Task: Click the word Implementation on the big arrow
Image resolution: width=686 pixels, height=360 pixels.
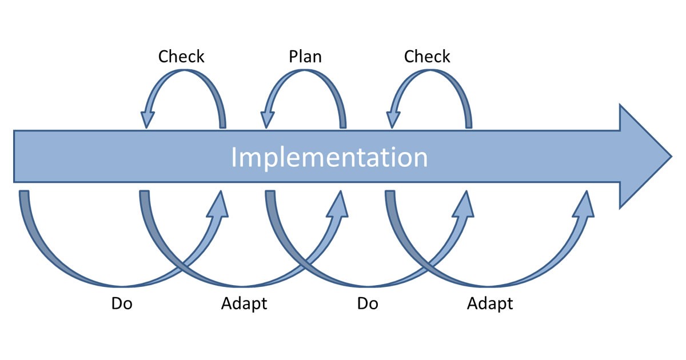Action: tap(329, 157)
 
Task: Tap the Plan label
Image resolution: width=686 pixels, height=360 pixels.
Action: tap(305, 57)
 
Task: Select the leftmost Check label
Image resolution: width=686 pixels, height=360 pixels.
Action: tap(181, 57)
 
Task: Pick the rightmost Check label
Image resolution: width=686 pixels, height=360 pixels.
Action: tap(427, 57)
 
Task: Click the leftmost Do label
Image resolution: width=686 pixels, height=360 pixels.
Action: tap(122, 303)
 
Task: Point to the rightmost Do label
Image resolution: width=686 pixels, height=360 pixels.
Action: tap(368, 303)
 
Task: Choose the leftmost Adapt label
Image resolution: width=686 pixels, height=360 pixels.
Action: tap(244, 304)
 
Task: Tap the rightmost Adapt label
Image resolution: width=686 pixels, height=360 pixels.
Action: tap(490, 304)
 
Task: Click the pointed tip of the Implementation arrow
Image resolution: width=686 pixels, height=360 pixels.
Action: tap(672, 157)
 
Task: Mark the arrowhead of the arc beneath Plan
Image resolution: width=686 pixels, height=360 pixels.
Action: tap(267, 119)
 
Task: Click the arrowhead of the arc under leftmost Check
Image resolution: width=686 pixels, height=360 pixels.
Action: tap(147, 119)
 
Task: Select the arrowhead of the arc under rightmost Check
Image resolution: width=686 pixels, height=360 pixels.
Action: tap(393, 119)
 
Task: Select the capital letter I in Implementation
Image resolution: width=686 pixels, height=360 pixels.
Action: tap(234, 157)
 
